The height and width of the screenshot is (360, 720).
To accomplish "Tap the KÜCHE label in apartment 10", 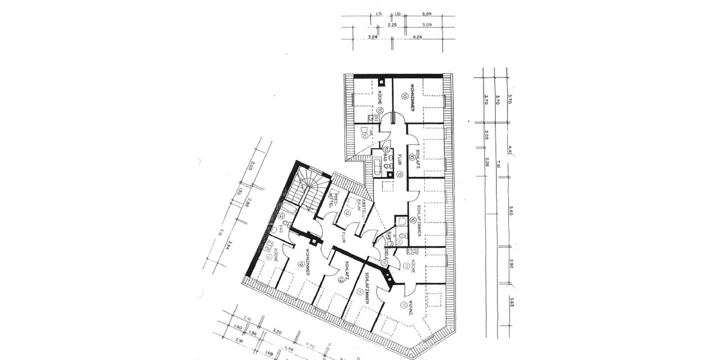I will tap(380, 98).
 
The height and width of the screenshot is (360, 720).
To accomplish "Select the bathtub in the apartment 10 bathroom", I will tap(377, 166).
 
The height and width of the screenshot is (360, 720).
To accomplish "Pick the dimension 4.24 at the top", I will tap(418, 37).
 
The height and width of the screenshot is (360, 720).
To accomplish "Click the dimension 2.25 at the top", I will tap(392, 25).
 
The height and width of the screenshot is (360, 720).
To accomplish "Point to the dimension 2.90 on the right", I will tap(511, 263).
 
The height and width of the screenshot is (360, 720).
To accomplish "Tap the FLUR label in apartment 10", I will tap(398, 158).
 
